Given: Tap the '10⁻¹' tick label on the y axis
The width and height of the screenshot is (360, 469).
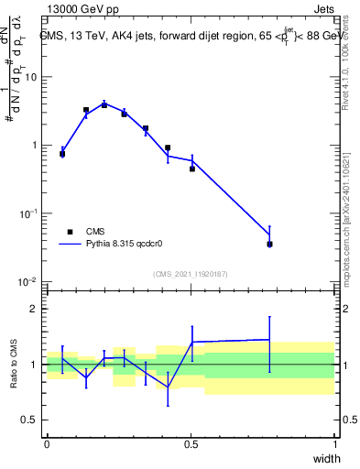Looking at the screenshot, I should coord(28,213).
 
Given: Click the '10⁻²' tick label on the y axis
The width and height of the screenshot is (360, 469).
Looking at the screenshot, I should coord(28,281).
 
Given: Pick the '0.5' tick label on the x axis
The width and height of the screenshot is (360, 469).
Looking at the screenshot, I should coord(191,444).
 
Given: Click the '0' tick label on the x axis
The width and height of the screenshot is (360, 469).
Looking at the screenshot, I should coord(47,444).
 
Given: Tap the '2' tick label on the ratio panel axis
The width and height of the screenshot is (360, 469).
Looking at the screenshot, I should coord(35,310).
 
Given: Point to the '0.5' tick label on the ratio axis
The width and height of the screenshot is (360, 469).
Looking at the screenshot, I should coord(29,420).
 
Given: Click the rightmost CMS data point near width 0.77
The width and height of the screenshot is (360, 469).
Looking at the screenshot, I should coord(269,245).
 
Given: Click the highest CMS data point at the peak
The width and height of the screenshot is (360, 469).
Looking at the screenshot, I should coord(104,105).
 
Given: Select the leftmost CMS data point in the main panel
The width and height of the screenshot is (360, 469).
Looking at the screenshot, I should coord(62,154).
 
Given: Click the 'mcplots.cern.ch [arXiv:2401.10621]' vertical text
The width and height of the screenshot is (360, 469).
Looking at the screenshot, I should coord(345,202).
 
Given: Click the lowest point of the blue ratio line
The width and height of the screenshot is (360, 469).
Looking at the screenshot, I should coord(168,387).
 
